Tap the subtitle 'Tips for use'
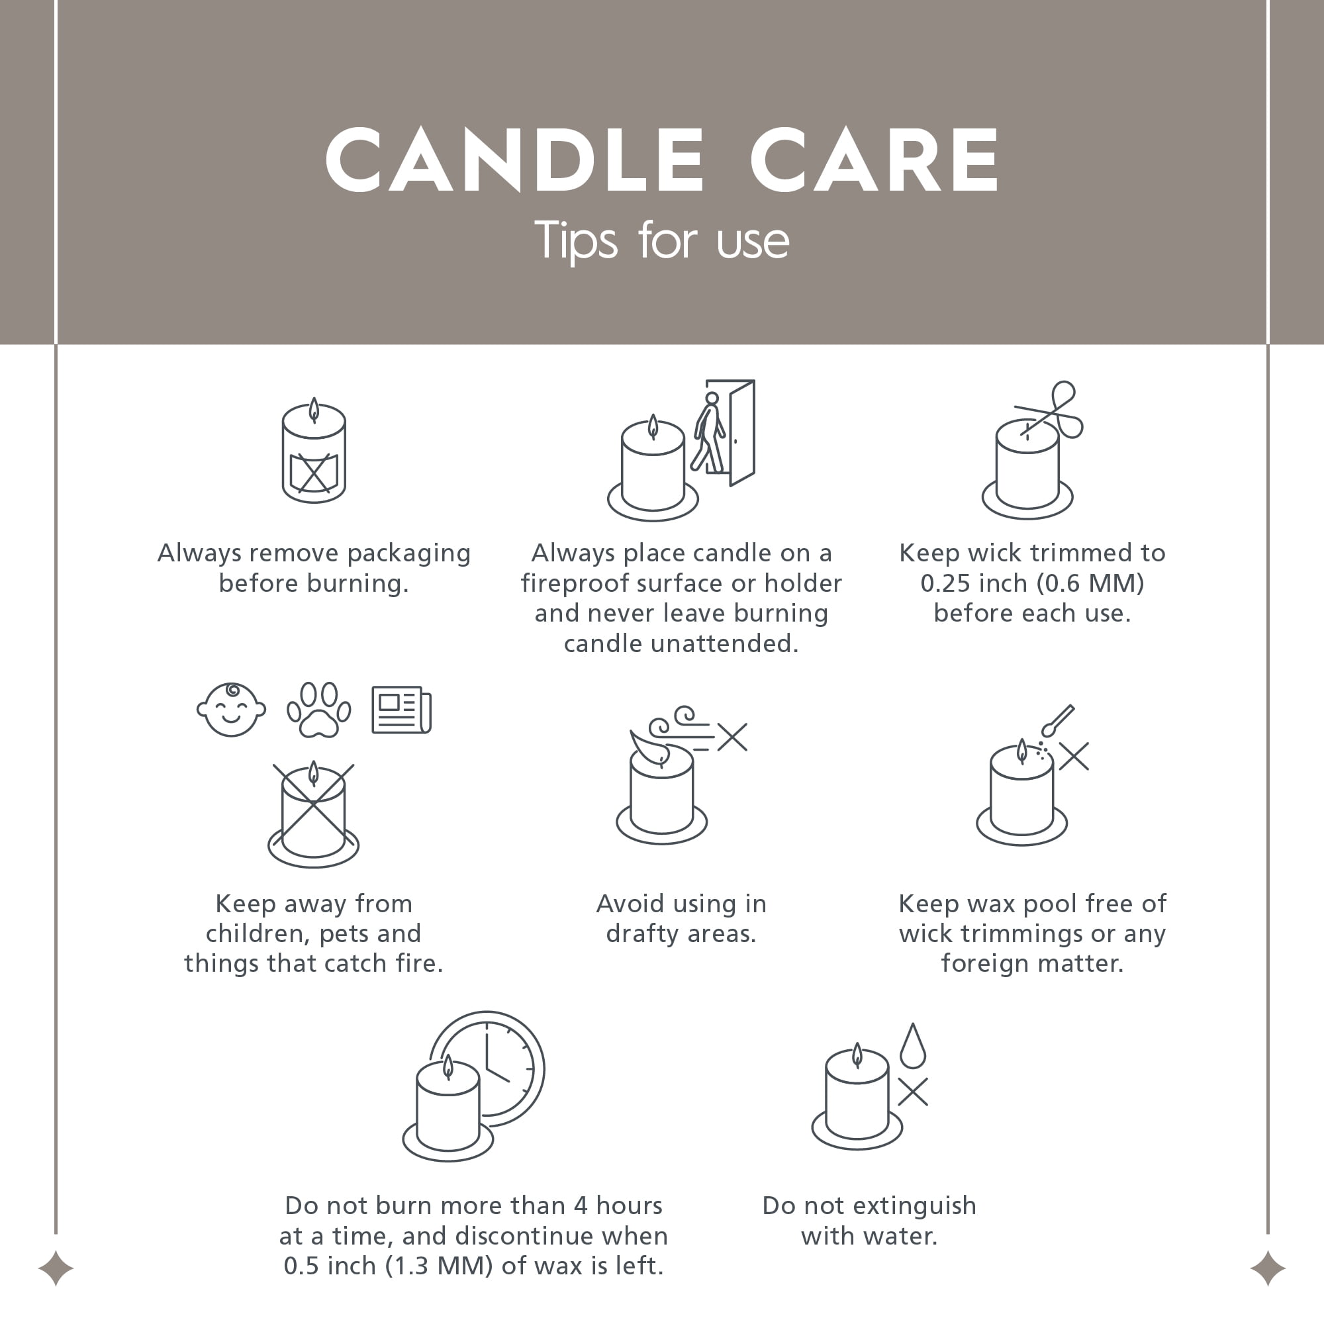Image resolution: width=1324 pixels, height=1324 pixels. (x=661, y=240)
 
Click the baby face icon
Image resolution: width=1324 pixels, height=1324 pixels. (x=231, y=709)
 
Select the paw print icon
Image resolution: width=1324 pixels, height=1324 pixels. (x=318, y=710)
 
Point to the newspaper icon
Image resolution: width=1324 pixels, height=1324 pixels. (x=402, y=710)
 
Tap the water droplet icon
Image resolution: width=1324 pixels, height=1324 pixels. (x=913, y=1046)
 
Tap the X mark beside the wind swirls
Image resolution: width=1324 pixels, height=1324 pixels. (x=733, y=737)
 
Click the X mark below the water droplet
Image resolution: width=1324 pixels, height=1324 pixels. (x=913, y=1092)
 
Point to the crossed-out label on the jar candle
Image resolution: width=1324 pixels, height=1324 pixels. (x=314, y=472)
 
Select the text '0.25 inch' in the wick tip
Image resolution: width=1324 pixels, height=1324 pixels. (x=973, y=583)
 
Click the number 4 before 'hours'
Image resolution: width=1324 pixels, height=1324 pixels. (x=581, y=1206)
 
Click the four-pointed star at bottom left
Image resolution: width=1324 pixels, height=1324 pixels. (x=56, y=1268)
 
